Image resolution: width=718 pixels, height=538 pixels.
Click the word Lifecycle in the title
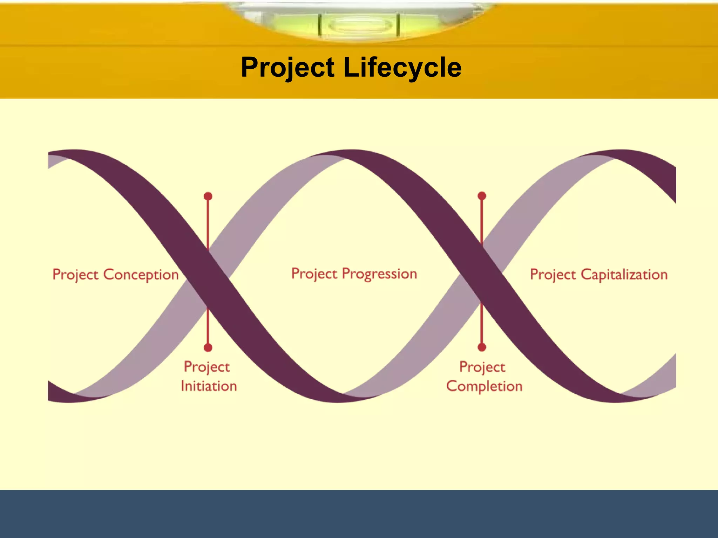coord(402,67)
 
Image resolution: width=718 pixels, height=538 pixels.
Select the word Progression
coord(379,274)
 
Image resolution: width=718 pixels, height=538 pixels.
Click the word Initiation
coord(209,386)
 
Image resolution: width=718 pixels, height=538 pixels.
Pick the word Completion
coord(485,386)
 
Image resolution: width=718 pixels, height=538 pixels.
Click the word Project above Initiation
coord(207,367)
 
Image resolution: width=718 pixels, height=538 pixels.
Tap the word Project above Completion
coord(482,367)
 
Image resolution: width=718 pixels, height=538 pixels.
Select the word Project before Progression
coord(314,274)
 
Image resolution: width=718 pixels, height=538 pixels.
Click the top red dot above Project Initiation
coord(208,196)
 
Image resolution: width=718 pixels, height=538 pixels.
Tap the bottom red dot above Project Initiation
coord(208,347)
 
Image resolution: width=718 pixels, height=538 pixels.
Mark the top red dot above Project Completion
coord(482,196)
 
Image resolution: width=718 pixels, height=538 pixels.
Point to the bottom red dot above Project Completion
coord(482,347)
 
